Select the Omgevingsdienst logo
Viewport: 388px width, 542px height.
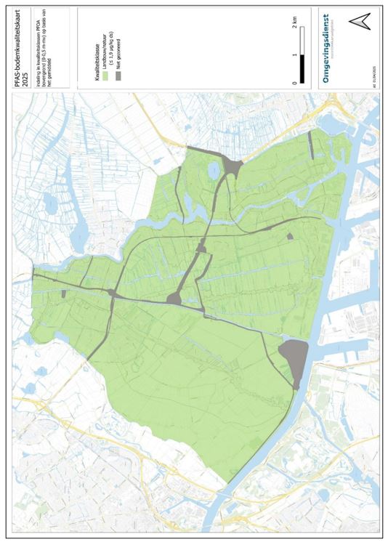326,48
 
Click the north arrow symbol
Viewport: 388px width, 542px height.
357,21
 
